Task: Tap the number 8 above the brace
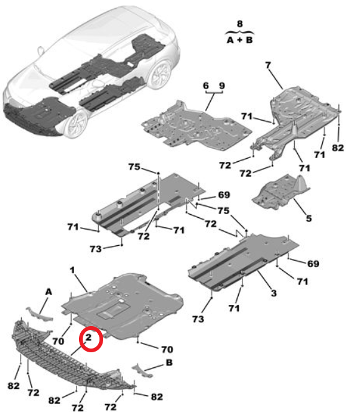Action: [x=239, y=24]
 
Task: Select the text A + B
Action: [x=239, y=40]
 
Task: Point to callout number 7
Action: [x=268, y=65]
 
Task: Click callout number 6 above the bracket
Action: [x=206, y=86]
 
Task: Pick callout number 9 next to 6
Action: [x=222, y=86]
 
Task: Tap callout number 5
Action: [x=308, y=218]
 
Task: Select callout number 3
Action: [x=274, y=293]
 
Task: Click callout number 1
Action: [x=72, y=270]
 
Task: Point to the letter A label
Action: [x=48, y=292]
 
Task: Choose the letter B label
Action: [x=169, y=362]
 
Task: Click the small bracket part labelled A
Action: [x=39, y=314]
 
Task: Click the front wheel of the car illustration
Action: [x=76, y=124]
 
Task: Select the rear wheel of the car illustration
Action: [x=160, y=75]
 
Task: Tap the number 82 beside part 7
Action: [x=338, y=148]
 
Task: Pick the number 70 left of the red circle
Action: [x=58, y=341]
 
